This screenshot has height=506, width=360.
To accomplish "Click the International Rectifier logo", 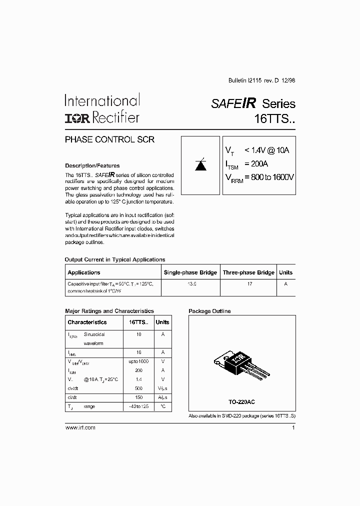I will pos(101,109).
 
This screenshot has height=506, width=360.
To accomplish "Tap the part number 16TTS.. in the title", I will pos(275,120).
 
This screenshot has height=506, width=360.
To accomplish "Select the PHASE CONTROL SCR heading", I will pos(109,140).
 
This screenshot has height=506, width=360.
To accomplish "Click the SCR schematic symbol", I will pos(200,165).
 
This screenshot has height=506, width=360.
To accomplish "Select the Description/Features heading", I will pos(92,165).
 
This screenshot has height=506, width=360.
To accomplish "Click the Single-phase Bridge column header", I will pos(190,272).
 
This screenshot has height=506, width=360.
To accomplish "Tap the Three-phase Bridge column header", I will pos(248,272).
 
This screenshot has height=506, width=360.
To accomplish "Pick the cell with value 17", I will pos(249,283).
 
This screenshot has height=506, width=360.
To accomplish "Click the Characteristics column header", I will pos(87,322).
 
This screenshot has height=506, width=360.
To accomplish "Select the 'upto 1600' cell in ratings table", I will pos(138,361).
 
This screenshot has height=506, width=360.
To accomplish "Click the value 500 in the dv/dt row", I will pos(138,388).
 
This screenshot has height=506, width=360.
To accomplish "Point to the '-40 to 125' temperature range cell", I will pos(138,406).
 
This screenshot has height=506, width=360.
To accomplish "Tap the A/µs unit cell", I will pos(162,397).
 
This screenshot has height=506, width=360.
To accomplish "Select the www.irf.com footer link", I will pos(80,427).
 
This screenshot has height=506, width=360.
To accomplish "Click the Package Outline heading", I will pos(209,311).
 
